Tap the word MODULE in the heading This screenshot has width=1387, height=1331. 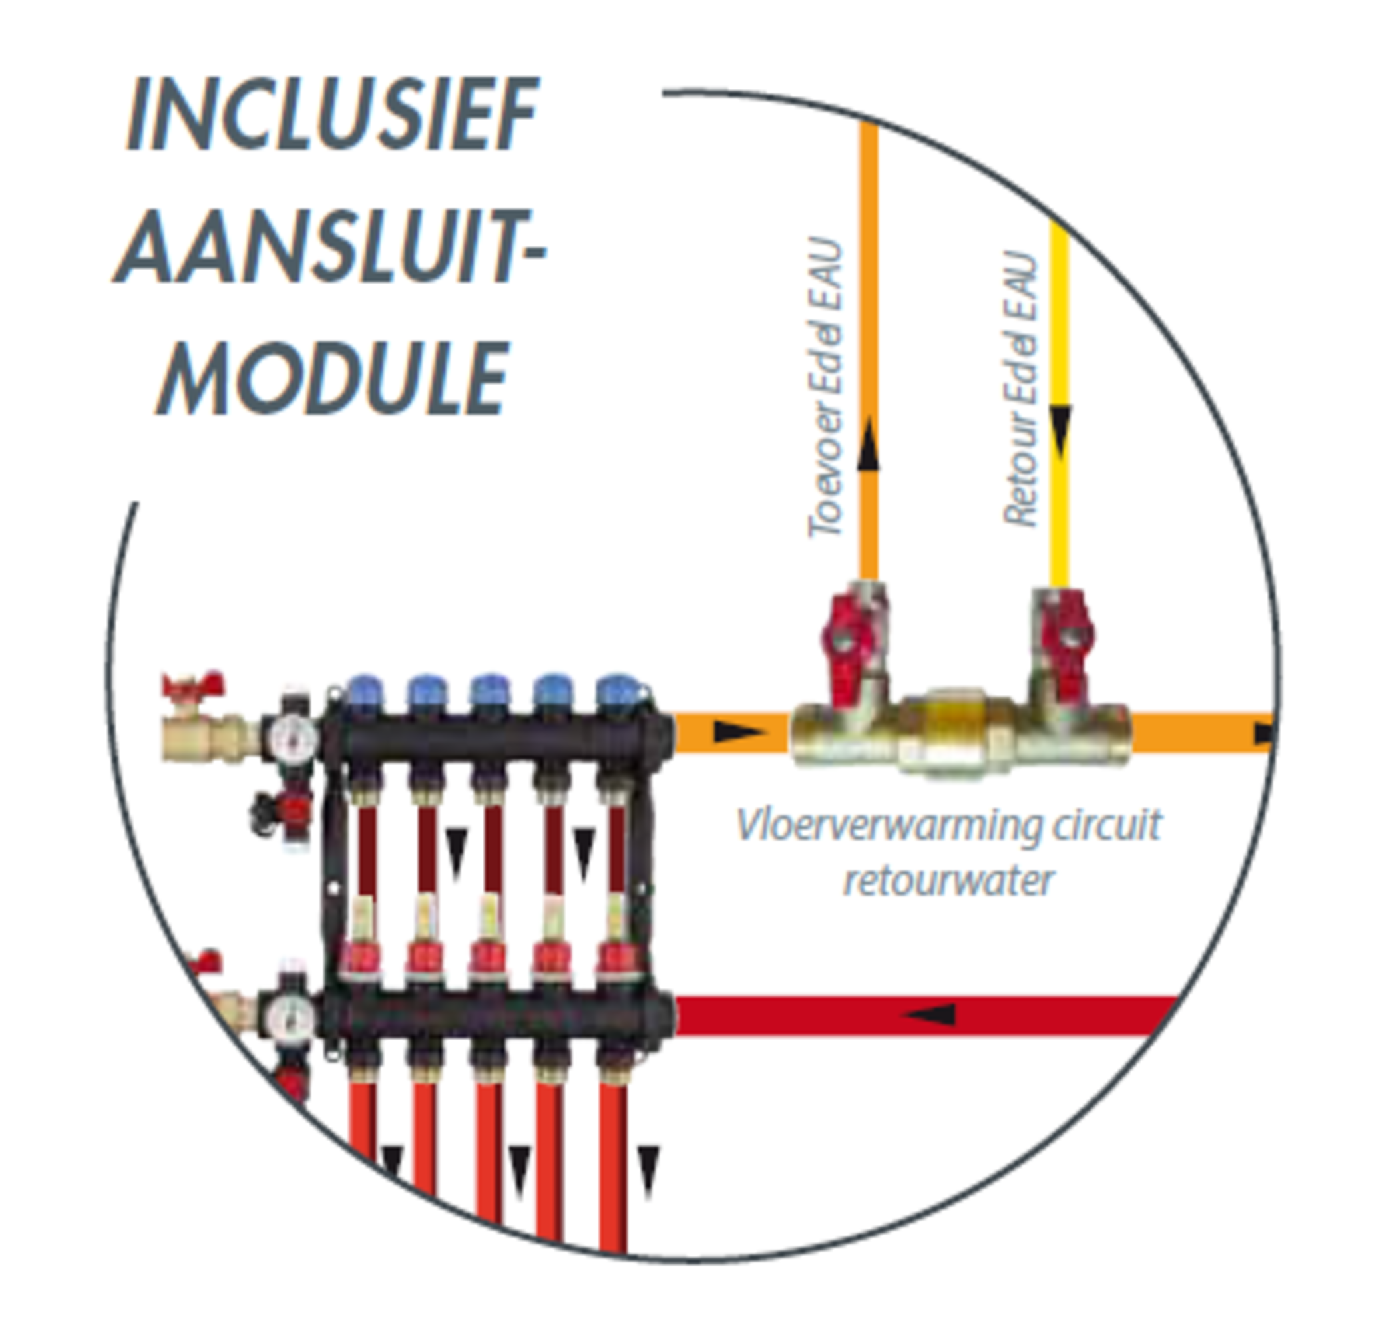[x=333, y=379]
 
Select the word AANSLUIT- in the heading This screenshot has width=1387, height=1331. [x=331, y=248]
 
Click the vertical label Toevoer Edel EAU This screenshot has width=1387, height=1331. [x=826, y=388]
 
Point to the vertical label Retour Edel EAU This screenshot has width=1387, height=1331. [x=1021, y=389]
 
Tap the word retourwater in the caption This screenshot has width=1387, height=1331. [x=949, y=881]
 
